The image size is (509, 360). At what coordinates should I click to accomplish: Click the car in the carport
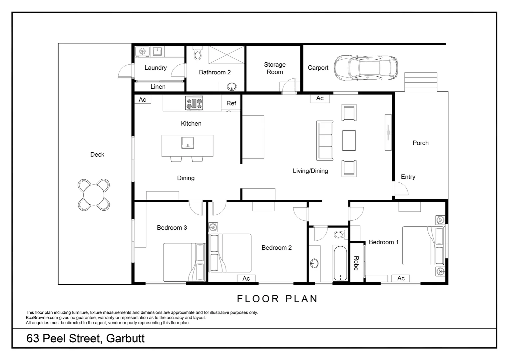pyautogui.click(x=366, y=68)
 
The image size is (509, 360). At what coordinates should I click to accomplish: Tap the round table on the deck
pyautogui.click(x=94, y=195)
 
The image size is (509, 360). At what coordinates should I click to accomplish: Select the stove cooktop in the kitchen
pyautogui.click(x=194, y=103)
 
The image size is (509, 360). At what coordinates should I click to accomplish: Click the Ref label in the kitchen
pyautogui.click(x=231, y=103)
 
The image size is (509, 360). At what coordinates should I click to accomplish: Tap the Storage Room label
pyautogui.click(x=275, y=68)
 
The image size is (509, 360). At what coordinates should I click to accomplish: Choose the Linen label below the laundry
pyautogui.click(x=158, y=87)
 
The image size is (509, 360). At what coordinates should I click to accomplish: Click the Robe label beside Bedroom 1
pyautogui.click(x=356, y=263)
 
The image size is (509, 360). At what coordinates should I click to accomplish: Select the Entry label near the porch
pyautogui.click(x=408, y=177)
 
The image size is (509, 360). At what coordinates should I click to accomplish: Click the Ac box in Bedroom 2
pyautogui.click(x=246, y=278)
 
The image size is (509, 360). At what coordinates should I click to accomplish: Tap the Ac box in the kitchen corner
pyautogui.click(x=142, y=99)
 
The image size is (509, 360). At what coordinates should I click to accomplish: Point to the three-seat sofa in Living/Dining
pyautogui.click(x=325, y=140)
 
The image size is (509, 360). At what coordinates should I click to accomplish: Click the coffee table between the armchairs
pyautogui.click(x=349, y=140)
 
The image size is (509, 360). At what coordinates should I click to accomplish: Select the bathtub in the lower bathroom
pyautogui.click(x=340, y=263)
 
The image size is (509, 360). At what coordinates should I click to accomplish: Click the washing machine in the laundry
pyautogui.click(x=142, y=51)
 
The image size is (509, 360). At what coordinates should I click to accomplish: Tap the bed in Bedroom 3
pyautogui.click(x=184, y=262)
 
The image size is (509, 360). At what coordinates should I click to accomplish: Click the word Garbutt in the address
pyautogui.click(x=125, y=339)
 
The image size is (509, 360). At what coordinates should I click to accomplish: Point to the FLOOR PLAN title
pyautogui.click(x=277, y=299)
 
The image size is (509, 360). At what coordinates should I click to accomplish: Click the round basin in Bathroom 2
pyautogui.click(x=232, y=87)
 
